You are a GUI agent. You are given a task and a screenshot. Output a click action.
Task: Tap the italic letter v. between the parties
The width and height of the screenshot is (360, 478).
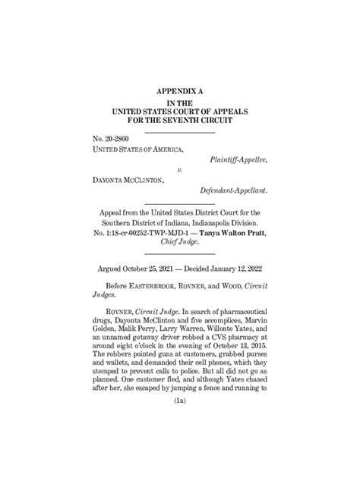[180, 171]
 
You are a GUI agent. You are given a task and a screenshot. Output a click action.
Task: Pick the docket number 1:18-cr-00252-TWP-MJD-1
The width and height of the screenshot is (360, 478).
[157, 231]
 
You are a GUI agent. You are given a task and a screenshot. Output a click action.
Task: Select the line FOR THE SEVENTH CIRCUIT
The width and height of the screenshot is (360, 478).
[180, 120]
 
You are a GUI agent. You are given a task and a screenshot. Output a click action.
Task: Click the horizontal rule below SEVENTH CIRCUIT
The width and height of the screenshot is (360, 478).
[180, 133]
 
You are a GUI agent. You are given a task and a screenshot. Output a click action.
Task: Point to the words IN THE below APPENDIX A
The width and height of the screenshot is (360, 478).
[180, 101]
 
